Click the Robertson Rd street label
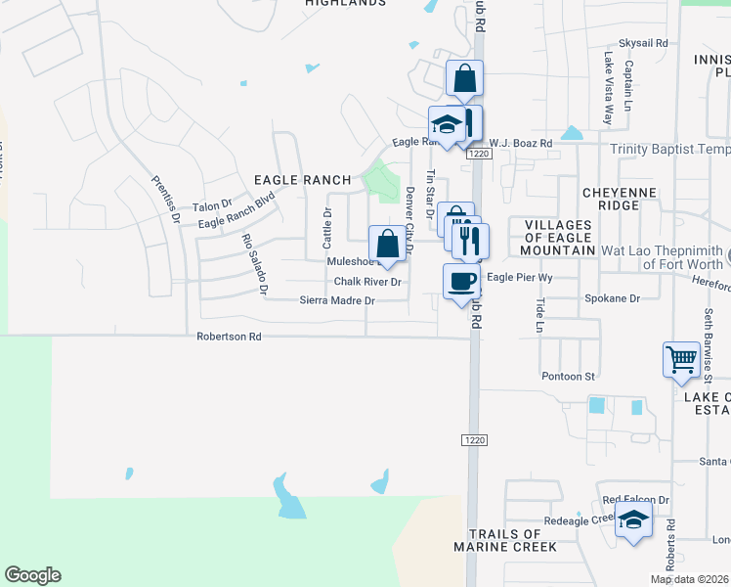229,336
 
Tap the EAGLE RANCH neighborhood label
302,180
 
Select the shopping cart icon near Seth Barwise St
681,358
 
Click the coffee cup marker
462,282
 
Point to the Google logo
32,575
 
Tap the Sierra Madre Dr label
337,300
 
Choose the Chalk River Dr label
367,282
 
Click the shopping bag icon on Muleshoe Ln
387,244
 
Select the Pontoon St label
568,376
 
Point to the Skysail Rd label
642,44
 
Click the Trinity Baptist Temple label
670,150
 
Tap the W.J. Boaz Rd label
521,143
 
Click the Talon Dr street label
211,205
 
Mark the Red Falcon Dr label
635,500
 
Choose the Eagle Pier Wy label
520,278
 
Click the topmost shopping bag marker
463,79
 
